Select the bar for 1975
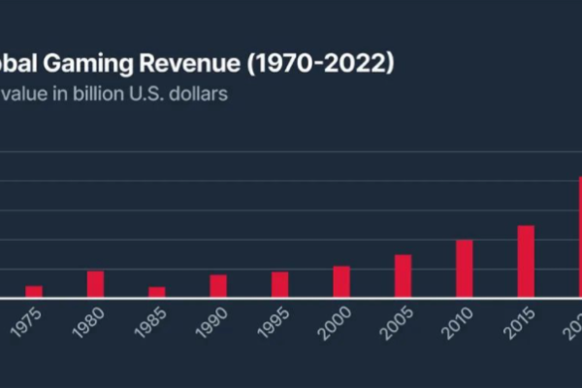pyautogui.click(x=34, y=292)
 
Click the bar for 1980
pyautogui.click(x=95, y=284)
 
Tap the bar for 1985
pyautogui.click(x=157, y=292)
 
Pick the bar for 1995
pyautogui.click(x=279, y=285)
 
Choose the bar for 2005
pyautogui.click(x=403, y=276)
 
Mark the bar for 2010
pyautogui.click(x=465, y=269)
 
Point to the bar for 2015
pyautogui.click(x=526, y=262)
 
